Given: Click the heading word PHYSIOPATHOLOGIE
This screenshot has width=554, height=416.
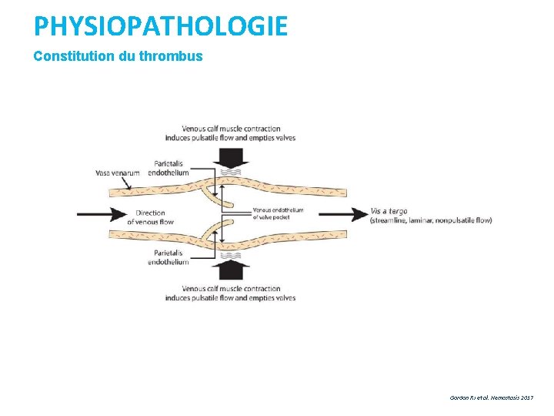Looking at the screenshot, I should coord(160,27).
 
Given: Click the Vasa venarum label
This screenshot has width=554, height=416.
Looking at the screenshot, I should coord(118,173).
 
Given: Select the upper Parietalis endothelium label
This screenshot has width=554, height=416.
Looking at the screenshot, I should coord(171,168).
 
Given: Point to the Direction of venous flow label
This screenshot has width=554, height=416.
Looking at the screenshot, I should coord(154,217).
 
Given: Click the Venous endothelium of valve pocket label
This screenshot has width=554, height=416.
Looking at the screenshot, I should coord(278,213).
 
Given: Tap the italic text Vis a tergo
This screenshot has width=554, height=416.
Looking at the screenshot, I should coord(389,211).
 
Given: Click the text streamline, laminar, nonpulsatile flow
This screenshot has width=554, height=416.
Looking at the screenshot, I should coord(430,220).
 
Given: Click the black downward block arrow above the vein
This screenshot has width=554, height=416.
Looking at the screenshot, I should coord(231,157).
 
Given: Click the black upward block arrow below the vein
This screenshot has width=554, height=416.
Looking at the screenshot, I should coord(231,270).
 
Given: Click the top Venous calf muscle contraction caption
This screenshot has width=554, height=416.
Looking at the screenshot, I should coord(231,133).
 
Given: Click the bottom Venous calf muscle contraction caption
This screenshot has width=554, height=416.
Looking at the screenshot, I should coord(231,294).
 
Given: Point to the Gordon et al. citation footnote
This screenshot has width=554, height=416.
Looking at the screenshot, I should coord(491,398).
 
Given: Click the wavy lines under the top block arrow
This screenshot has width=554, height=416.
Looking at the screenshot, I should coord(231,173).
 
